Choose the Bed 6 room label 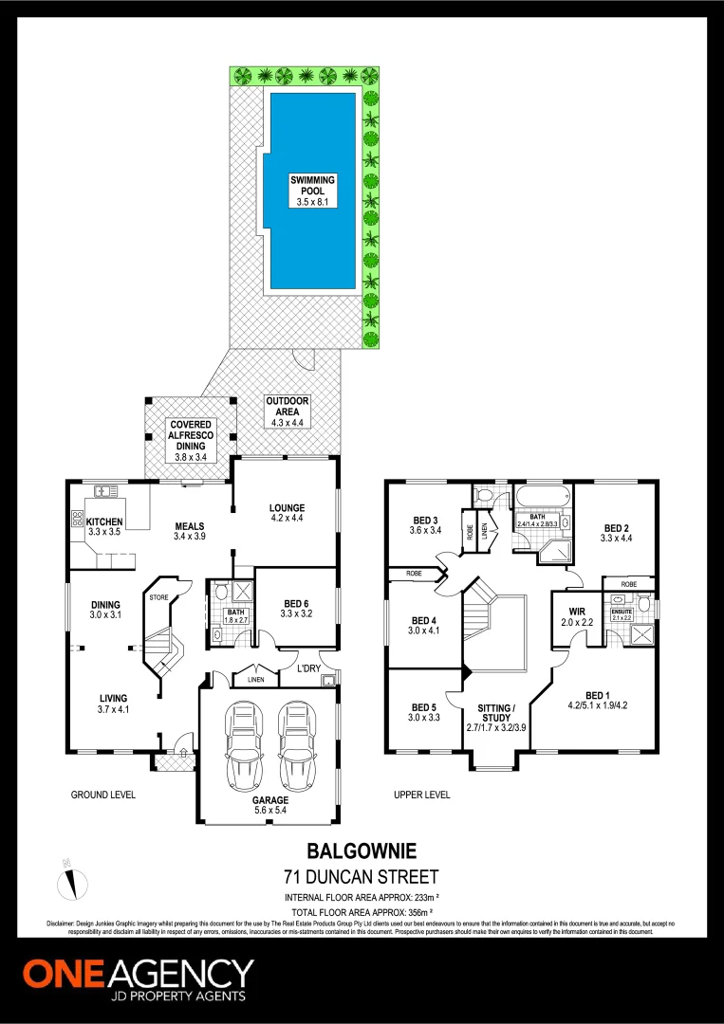[296, 604]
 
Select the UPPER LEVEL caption [422, 795]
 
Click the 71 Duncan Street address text [362, 876]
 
